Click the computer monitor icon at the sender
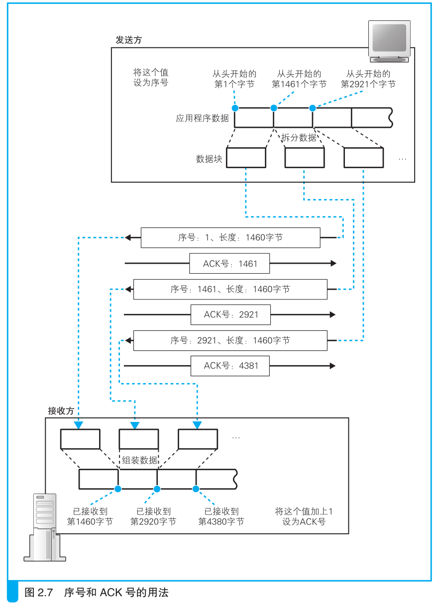pos(389,41)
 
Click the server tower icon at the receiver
pos(45,527)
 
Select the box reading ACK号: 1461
pos(229,263)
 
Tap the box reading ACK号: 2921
pos(230,314)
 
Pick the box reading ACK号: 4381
pos(230,366)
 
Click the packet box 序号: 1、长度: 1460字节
pos(230,237)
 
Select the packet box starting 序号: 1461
pos(230,289)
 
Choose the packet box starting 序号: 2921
pos(230,340)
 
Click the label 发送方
pos(128,40)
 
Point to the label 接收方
pos(61,410)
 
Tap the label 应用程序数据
pos(202,118)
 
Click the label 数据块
pos(209,159)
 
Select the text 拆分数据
pos(299,137)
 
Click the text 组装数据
pos(139,460)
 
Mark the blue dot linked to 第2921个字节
pos(313,108)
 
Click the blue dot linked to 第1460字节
pos(118,489)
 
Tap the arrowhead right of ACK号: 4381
pos(332,366)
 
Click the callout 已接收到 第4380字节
pos(221,516)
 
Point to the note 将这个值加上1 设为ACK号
pos(304,516)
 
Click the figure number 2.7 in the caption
pos(45,592)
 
